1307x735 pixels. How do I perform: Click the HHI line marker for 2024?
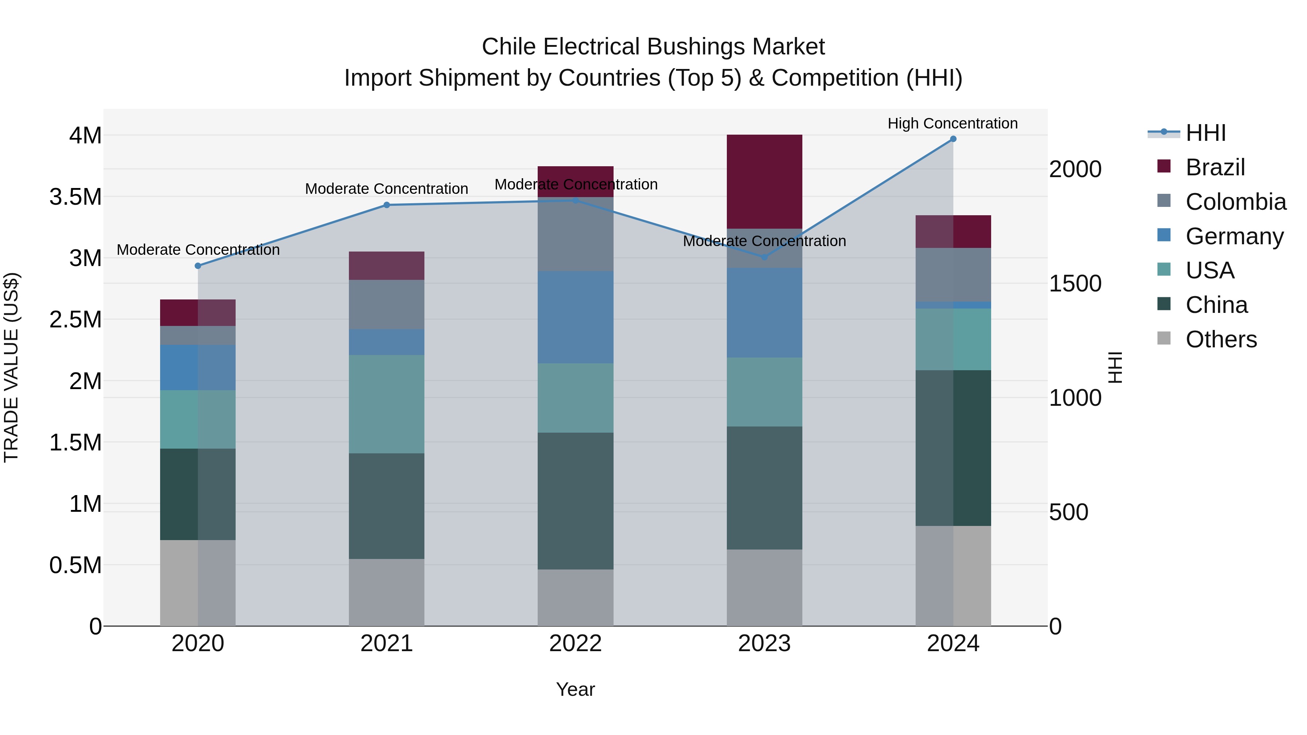[x=953, y=139]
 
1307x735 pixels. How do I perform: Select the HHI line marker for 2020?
[x=198, y=266]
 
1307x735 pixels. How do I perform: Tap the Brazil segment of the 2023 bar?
[x=764, y=181]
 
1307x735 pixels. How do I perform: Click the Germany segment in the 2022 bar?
[x=575, y=317]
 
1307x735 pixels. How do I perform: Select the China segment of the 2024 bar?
[x=953, y=448]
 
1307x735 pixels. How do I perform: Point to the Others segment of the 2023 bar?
[x=764, y=587]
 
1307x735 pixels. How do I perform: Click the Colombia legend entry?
[x=1235, y=202]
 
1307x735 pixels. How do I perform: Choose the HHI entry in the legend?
[x=1205, y=133]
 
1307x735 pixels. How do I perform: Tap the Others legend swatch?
[x=1164, y=338]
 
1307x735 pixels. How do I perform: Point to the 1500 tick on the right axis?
[x=1075, y=283]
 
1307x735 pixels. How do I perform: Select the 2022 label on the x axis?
[x=575, y=644]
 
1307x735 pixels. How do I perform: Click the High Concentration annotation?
[x=952, y=123]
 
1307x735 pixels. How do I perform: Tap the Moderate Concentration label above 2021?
[x=386, y=189]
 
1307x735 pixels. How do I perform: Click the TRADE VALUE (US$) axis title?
[x=11, y=367]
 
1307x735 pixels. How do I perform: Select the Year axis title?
[x=575, y=689]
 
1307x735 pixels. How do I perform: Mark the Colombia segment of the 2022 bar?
[x=575, y=234]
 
